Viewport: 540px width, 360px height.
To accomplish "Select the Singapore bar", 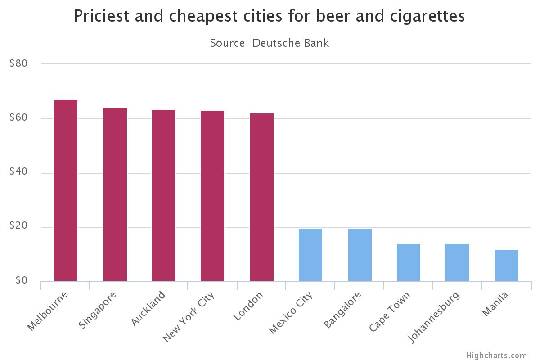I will tap(115, 194).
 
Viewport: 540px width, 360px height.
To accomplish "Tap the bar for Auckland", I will tap(164, 195).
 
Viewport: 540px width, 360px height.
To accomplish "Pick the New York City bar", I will tap(212, 196).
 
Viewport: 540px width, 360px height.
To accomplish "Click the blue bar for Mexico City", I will tap(310, 255).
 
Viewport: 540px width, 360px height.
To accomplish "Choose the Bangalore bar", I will tap(360, 255).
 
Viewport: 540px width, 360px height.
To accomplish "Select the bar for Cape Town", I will tap(409, 262).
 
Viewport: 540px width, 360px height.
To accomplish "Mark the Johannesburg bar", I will tap(457, 262).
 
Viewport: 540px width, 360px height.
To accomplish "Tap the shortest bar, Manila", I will tap(507, 265).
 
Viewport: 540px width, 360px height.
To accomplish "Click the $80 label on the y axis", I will tap(18, 63).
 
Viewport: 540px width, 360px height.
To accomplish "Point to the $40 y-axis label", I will tap(18, 172).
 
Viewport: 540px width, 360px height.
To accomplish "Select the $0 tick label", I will tap(21, 281).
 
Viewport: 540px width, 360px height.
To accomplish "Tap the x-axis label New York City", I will tap(189, 316).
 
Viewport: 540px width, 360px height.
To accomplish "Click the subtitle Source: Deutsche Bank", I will tap(270, 43).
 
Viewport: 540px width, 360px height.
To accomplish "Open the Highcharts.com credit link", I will tap(496, 355).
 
